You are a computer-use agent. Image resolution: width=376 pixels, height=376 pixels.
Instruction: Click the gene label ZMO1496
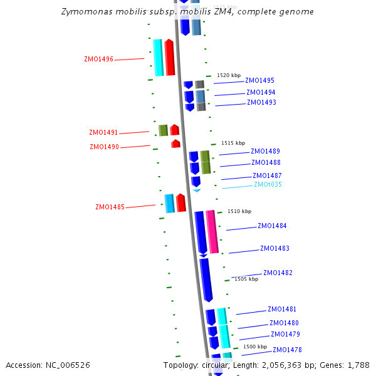coord(98,60)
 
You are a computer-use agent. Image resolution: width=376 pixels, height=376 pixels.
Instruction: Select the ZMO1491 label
coord(103,133)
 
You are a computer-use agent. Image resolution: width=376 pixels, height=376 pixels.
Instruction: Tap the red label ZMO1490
coord(104,147)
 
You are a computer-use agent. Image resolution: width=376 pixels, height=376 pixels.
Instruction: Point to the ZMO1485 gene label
coord(110,207)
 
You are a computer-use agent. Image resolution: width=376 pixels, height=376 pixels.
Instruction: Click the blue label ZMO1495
coord(259,81)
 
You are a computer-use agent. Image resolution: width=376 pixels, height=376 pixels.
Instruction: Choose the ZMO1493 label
coord(261,103)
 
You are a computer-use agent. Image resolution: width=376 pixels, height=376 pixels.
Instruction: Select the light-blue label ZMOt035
coord(268,185)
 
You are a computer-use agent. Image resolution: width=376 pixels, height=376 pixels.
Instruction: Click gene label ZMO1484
coord(272,226)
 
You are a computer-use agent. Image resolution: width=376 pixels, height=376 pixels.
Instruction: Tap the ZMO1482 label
coord(278,273)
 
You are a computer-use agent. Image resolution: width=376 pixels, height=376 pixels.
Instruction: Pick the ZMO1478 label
coord(287,350)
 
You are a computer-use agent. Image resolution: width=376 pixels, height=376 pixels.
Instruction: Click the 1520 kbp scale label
coord(227,75)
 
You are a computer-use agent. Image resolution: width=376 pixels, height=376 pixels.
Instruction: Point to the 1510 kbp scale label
coord(239,212)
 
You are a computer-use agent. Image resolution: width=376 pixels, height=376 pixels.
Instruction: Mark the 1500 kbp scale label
coord(254,347)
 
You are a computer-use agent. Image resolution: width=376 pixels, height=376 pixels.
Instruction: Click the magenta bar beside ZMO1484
coord(212,232)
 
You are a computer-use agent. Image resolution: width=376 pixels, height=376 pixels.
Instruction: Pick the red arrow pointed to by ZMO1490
coord(175,144)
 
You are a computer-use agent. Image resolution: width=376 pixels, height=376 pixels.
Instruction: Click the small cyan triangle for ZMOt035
coord(196,190)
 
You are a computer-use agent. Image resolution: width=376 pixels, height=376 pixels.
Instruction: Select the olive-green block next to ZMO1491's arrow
coord(163,130)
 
